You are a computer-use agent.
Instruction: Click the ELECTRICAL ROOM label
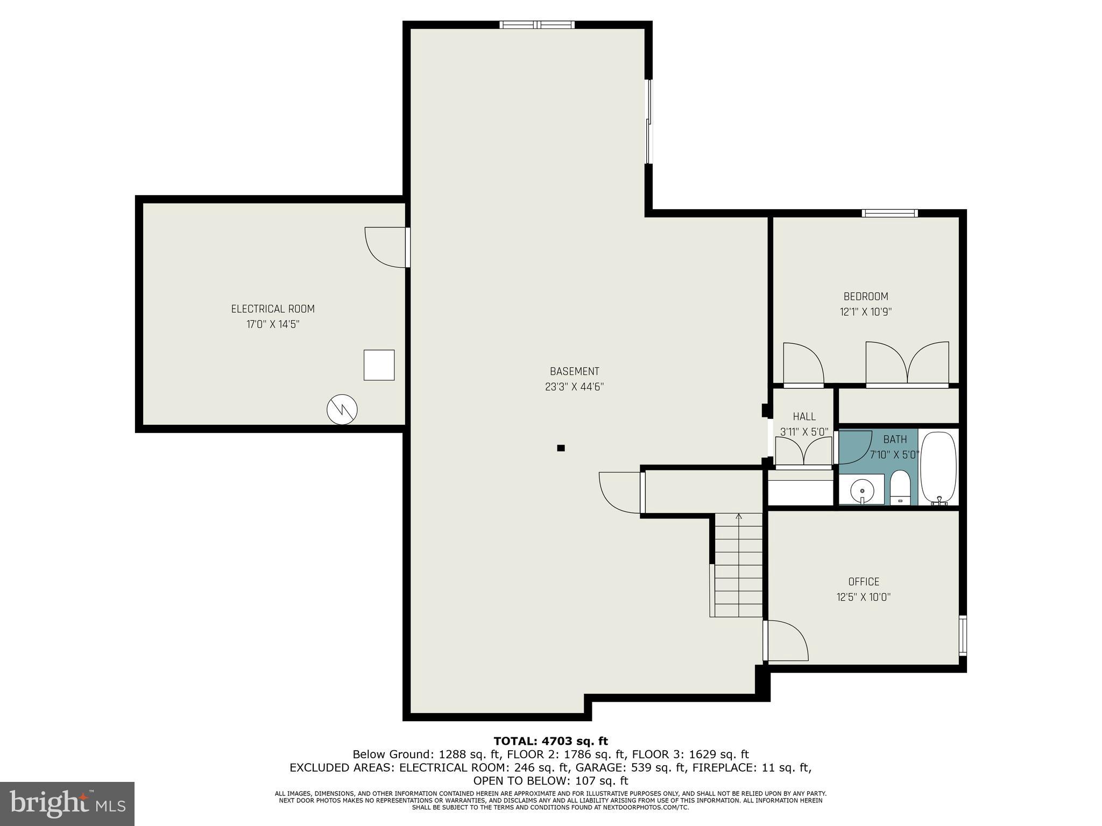coord(273,309)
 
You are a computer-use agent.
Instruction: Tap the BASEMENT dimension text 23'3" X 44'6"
coord(574,387)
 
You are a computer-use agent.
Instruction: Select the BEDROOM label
coord(865,296)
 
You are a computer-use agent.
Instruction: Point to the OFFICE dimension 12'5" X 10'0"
coord(863,597)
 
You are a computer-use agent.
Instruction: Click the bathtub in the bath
coord(938,467)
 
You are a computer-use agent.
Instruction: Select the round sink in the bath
coord(862,490)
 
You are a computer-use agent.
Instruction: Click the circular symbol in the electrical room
coord(342,410)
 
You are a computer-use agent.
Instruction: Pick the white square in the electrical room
coord(379,365)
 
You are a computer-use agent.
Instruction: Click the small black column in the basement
coord(561,448)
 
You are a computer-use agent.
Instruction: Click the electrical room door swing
coord(384,247)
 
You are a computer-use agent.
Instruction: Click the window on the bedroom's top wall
coord(889,213)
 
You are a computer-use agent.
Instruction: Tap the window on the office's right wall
coord(963,635)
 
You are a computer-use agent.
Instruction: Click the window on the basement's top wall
coord(536,25)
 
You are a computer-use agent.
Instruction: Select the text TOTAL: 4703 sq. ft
coord(550,742)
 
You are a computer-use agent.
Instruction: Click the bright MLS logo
coord(67,803)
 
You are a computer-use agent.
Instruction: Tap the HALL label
coord(804,416)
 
